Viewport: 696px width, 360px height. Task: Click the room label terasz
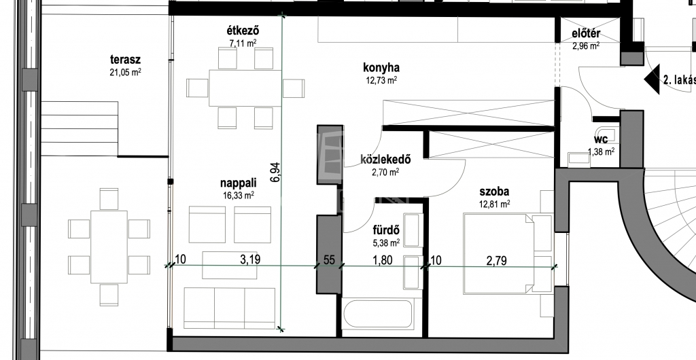click(x=125, y=60)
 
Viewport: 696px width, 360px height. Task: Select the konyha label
click(x=381, y=68)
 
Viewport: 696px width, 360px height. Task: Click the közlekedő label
click(x=385, y=160)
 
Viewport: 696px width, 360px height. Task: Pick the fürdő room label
click(x=386, y=230)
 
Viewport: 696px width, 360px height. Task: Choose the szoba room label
click(x=494, y=192)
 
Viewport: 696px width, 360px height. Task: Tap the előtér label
click(x=586, y=34)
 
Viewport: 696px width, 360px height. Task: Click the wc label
click(x=601, y=141)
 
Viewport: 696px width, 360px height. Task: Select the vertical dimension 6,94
click(x=275, y=173)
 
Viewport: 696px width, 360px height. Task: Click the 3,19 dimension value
click(x=250, y=259)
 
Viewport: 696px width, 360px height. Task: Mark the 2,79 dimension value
click(x=496, y=260)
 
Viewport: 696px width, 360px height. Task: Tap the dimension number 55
click(x=329, y=259)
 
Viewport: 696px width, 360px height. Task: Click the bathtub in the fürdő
click(x=378, y=314)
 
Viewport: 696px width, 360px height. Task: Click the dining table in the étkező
click(x=245, y=88)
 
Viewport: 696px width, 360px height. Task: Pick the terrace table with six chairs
click(x=109, y=247)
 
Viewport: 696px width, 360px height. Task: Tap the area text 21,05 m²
click(x=125, y=72)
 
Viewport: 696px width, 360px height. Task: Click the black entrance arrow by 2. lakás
click(x=652, y=79)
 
